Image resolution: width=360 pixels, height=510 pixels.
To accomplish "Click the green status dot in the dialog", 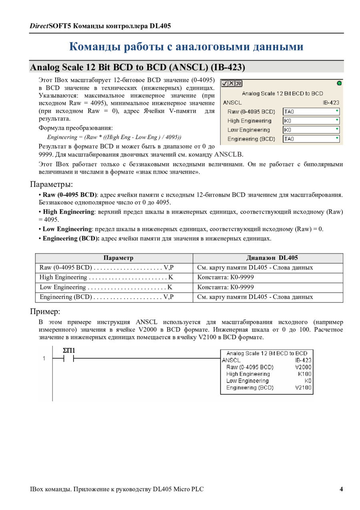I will [x=339, y=83].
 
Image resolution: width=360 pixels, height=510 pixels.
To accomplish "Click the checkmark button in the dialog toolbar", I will [x=225, y=84].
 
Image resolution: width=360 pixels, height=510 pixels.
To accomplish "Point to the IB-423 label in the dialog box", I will [x=331, y=102].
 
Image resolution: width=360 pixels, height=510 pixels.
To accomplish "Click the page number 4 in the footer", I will [x=341, y=489].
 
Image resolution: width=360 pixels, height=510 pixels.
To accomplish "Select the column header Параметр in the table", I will [x=118, y=258].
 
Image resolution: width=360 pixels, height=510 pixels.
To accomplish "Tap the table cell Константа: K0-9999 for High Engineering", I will [x=226, y=277].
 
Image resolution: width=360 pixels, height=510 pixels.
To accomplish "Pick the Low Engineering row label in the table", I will [x=63, y=287].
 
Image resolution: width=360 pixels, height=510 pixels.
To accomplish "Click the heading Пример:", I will [x=45, y=311].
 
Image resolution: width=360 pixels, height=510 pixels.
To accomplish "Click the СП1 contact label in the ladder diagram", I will [x=69, y=351].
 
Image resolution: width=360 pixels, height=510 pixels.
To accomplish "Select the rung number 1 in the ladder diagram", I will [x=44, y=359].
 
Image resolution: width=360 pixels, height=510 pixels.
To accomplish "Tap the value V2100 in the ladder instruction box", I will [x=303, y=388].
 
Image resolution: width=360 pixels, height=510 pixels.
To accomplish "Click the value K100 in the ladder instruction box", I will [x=304, y=374].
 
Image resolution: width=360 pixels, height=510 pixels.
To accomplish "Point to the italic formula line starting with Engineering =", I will [x=114, y=137].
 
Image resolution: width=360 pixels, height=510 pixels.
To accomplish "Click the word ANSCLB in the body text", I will [x=228, y=155].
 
